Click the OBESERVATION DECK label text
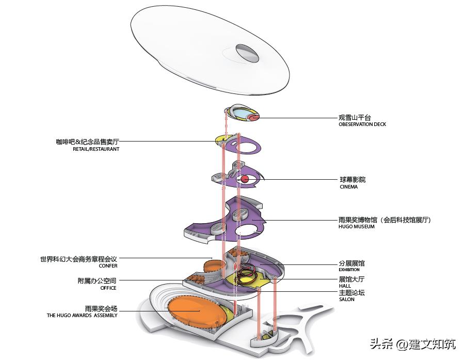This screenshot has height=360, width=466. coord(362,124)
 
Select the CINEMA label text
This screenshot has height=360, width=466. coord(348,187)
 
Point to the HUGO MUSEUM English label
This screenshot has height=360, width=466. coord(357,227)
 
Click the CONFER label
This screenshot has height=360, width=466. coord(108,266)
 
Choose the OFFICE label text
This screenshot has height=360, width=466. coord(108,288)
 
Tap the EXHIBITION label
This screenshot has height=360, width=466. coord(349,270)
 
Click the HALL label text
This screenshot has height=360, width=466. coord(345,286)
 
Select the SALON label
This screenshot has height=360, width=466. coord(346,300)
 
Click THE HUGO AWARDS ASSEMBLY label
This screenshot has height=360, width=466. coord(82,315)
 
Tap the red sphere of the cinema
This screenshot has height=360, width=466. coord(245,179)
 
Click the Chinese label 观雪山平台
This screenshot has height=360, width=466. coord(355,117)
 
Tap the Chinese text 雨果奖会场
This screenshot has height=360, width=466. coord(101,308)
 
